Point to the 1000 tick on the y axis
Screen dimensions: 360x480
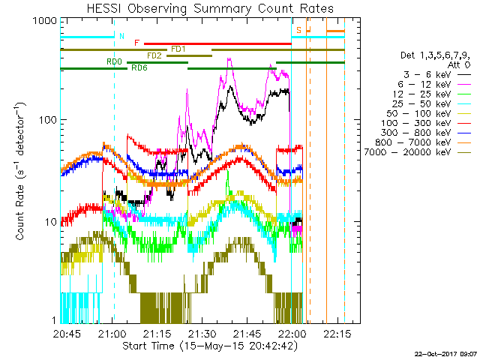pos(46,20)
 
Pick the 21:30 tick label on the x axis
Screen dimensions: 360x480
pos(202,334)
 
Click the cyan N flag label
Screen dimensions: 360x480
pos(122,35)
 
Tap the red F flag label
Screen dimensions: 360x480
pos(136,43)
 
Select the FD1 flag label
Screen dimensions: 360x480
pos(178,49)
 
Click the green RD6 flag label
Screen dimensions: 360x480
pos(139,67)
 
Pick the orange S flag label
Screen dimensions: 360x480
pos(298,30)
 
